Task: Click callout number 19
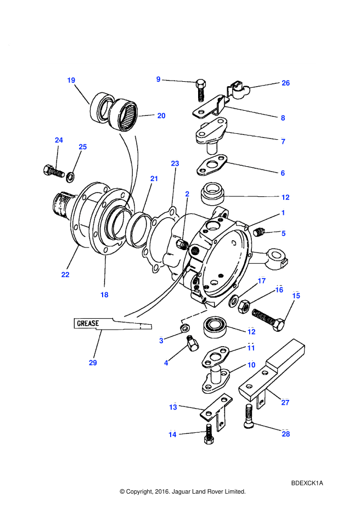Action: (x=71, y=80)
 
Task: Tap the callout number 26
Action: (x=285, y=83)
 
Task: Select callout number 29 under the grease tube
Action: (x=93, y=363)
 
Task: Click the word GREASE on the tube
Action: (x=88, y=323)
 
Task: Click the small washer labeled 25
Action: (x=70, y=177)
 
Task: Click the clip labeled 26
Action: (x=238, y=88)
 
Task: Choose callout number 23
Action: (x=175, y=163)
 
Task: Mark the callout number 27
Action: (x=285, y=403)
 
